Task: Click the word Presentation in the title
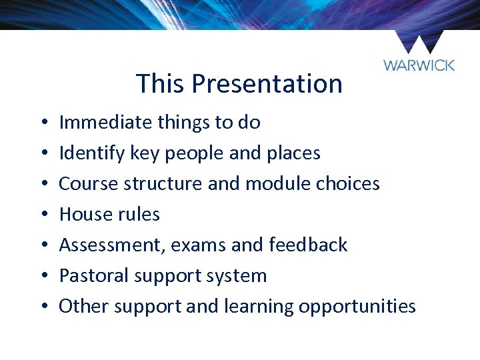[x=267, y=84]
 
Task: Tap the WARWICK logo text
[x=419, y=65]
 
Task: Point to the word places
[x=293, y=153]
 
